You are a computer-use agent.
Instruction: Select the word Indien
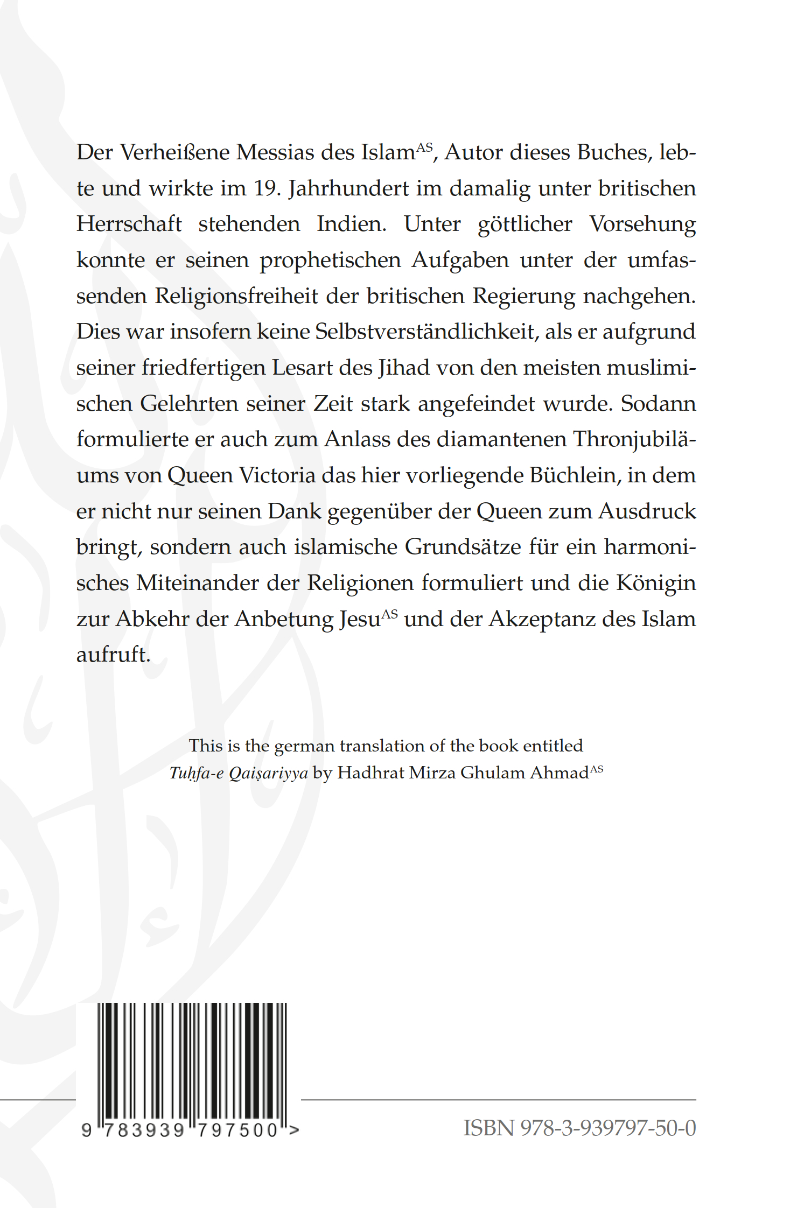tap(351, 224)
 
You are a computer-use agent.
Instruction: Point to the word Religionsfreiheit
tap(236, 296)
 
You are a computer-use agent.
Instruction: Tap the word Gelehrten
tap(189, 404)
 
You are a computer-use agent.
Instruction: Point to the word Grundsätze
tap(463, 547)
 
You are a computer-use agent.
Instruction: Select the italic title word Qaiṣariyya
tap(268, 773)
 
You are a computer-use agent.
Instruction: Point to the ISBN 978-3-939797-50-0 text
tap(579, 1128)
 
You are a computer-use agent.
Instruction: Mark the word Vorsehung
tap(642, 224)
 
